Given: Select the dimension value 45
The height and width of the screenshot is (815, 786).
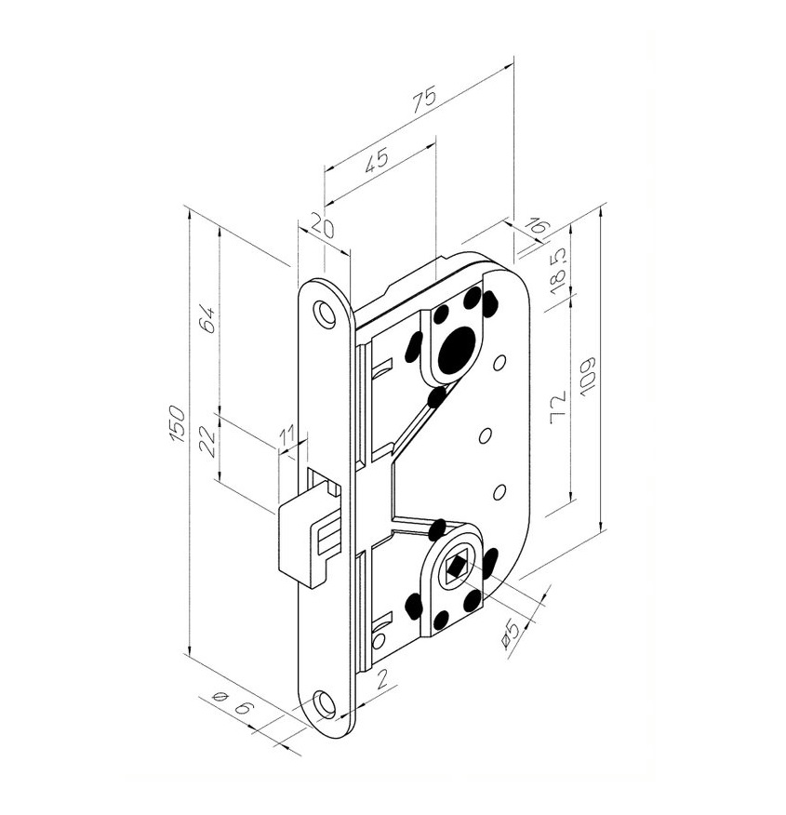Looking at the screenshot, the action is pyautogui.click(x=376, y=160).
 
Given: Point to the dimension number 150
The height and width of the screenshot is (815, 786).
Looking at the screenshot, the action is pyautogui.click(x=177, y=423).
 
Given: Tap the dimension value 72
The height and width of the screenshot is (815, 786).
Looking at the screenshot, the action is pyautogui.click(x=557, y=407).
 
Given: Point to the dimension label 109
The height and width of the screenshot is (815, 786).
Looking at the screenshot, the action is pyautogui.click(x=588, y=378).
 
